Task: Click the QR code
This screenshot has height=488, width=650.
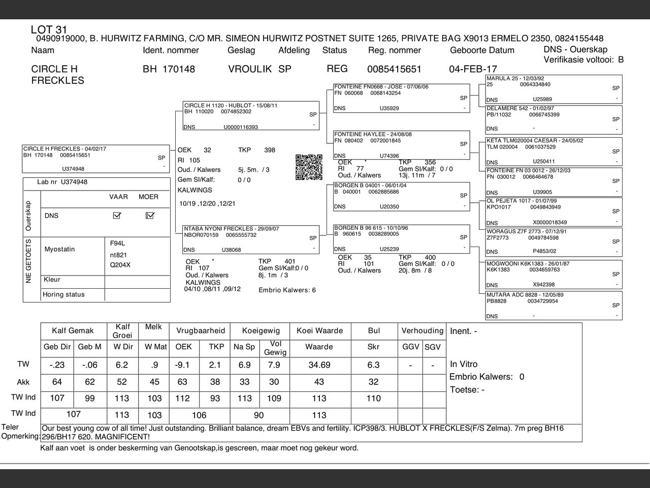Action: coord(309,167)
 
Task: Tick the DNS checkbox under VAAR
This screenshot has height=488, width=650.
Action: coord(117,216)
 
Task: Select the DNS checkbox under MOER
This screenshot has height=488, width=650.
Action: coord(149,216)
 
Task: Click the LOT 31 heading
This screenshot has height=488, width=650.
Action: coord(49,30)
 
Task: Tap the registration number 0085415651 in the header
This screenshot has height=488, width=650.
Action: coord(394,69)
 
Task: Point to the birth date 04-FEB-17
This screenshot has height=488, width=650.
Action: coord(473,69)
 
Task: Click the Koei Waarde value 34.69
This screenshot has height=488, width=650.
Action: coord(319,365)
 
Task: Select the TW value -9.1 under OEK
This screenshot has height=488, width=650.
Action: coord(182,365)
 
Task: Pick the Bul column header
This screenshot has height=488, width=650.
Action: coord(374,330)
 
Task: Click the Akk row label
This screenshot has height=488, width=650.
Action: coord(23,382)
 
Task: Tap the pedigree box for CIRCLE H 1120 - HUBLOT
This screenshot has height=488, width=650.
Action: coord(251,116)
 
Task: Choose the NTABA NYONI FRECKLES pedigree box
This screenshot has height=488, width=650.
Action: coord(251,239)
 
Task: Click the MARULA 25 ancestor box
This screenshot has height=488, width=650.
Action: coord(554,89)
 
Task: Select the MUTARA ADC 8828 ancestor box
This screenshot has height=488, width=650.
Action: coord(554,306)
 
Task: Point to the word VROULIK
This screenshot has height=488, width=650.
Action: coord(250,69)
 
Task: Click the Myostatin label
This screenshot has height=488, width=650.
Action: coord(59,249)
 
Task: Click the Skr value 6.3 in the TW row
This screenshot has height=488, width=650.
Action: coord(373,365)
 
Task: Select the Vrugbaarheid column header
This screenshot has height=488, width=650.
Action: coord(201,330)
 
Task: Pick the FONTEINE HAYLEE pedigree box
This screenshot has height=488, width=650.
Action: coord(401,145)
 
